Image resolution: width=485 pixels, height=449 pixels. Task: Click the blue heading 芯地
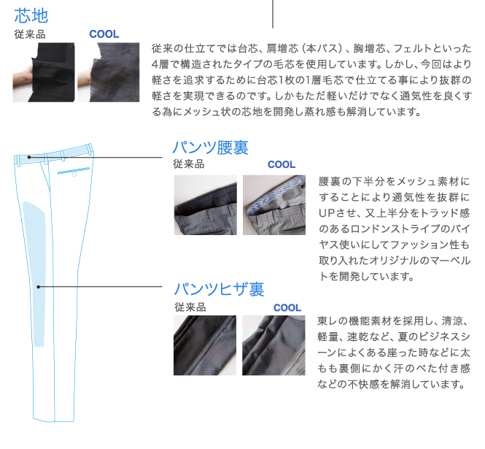click(31, 16)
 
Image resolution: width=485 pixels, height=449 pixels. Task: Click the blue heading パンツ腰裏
click(210, 147)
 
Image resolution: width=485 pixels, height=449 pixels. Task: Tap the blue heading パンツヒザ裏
click(219, 289)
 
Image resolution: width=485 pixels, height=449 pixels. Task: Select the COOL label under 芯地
click(104, 34)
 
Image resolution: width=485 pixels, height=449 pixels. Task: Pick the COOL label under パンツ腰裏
click(282, 164)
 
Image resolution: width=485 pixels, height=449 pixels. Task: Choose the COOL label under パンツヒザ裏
click(287, 307)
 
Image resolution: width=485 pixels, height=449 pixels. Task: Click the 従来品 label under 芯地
click(30, 34)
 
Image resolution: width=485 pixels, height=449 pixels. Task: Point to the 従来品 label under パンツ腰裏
click(189, 164)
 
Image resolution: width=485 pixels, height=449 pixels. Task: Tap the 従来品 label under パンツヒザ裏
click(190, 307)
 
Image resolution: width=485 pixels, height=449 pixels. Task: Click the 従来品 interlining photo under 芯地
click(44, 72)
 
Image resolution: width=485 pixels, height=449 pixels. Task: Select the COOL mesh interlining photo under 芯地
click(108, 72)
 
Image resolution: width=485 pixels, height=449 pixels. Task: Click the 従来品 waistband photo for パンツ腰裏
click(206, 205)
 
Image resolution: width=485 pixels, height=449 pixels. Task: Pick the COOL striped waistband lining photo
click(274, 205)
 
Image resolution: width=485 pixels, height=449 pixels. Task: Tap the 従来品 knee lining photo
click(205, 345)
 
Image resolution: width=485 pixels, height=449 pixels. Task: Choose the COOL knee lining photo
click(273, 345)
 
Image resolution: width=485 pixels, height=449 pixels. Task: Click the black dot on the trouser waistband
click(29, 157)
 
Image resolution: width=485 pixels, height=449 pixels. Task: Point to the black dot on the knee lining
click(39, 287)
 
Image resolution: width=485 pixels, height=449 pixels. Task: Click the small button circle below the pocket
click(74, 175)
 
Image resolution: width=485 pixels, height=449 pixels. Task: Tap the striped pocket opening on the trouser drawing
click(74, 171)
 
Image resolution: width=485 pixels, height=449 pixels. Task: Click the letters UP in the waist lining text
click(325, 213)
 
